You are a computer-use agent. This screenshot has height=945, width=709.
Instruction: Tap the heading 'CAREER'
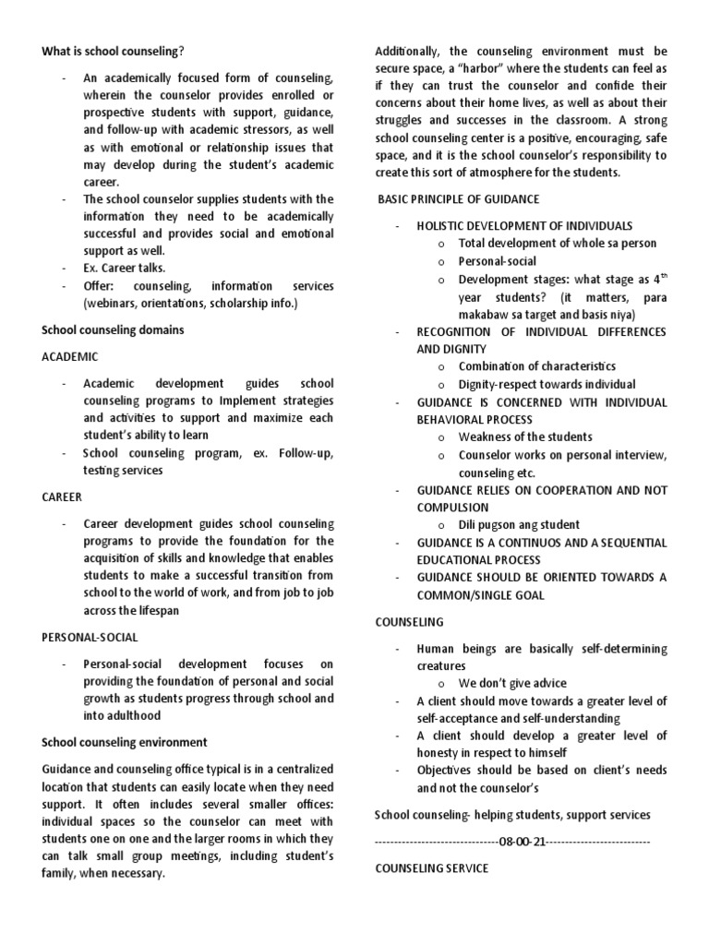(63, 496)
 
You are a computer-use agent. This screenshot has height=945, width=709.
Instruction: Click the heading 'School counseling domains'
(113, 329)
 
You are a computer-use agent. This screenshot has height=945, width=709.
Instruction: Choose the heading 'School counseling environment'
(125, 742)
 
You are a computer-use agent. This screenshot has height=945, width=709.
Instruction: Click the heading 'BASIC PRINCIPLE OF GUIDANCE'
(459, 199)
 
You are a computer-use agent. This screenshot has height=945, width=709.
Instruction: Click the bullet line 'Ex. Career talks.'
(125, 268)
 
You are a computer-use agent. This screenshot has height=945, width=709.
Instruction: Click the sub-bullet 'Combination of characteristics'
(537, 366)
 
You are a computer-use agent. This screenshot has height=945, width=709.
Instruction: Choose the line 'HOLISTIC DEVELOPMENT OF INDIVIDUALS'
(524, 226)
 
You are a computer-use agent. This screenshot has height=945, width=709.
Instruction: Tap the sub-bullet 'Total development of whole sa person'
(558, 244)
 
